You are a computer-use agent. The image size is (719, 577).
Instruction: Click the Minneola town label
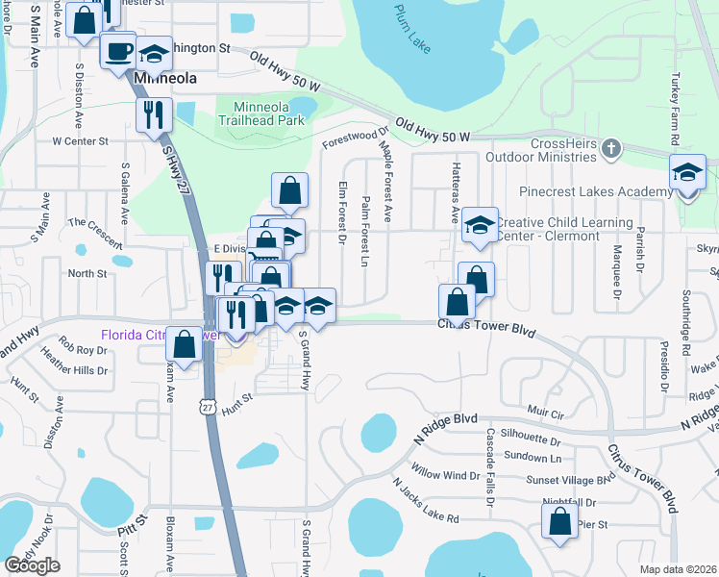tap(166, 78)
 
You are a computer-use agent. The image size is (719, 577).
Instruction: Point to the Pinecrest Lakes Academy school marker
tap(687, 173)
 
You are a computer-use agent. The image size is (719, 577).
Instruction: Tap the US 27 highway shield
tap(208, 381)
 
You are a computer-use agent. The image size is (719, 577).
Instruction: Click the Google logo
tap(32, 565)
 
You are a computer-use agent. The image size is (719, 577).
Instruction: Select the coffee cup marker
tap(119, 50)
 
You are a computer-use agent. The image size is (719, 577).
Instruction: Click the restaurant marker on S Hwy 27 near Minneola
tap(154, 115)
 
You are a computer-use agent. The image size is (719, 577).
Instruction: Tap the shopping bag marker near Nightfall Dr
tap(559, 521)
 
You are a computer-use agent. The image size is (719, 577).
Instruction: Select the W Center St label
tap(80, 140)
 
